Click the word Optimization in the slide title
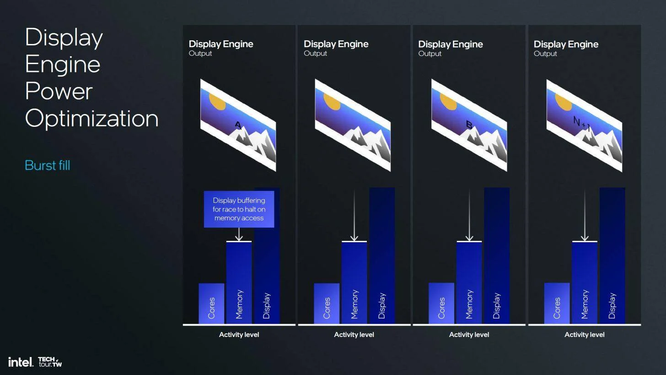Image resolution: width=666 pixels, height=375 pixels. point(92,119)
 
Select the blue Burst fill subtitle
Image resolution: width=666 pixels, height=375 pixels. point(48,165)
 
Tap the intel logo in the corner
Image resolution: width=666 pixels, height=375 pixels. point(21,362)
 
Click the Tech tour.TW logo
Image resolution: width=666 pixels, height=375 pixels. point(50,362)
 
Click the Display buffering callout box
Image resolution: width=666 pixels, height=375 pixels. point(239,209)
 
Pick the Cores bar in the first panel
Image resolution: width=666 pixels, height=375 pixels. point(211,303)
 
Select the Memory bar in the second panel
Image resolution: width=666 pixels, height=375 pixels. point(354,283)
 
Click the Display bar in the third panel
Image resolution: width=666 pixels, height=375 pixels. point(497,255)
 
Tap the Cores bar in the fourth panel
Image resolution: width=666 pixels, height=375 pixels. point(557,303)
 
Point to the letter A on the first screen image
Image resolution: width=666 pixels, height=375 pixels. point(238,125)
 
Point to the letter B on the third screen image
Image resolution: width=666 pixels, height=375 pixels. point(469,125)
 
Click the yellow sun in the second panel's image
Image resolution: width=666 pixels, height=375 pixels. point(332,102)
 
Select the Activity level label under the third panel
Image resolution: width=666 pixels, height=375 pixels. point(469,335)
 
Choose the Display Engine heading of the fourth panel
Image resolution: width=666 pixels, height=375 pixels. point(566,44)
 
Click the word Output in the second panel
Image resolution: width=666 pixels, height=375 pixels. point(315,53)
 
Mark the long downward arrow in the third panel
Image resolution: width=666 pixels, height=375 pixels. point(469,216)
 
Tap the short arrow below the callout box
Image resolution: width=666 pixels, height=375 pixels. point(239,234)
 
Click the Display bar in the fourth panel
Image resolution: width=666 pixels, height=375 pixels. point(612,255)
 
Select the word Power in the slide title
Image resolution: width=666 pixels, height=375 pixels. point(59,91)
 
